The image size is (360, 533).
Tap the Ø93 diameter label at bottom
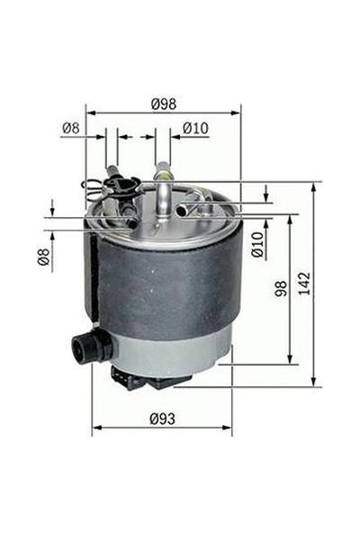click(x=162, y=418)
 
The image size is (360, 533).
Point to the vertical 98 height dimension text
click(x=281, y=288)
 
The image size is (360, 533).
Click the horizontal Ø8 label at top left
click(x=71, y=129)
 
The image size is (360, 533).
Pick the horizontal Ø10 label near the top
click(x=195, y=129)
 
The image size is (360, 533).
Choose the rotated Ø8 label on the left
click(x=42, y=257)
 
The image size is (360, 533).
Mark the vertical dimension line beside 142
click(x=315, y=285)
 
